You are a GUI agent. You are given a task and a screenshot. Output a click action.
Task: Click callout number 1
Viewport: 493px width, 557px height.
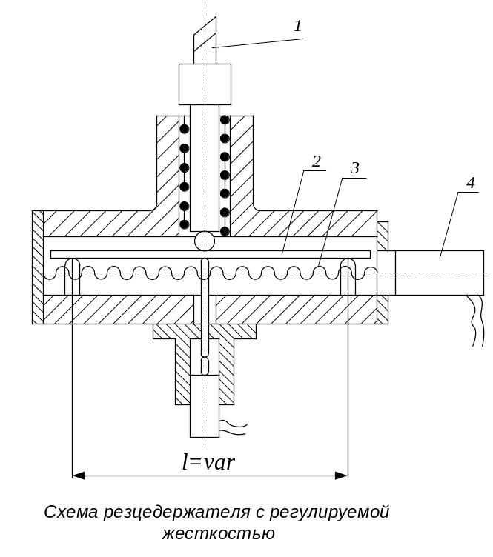298,26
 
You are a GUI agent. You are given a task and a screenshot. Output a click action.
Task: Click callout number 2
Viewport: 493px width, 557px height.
317,161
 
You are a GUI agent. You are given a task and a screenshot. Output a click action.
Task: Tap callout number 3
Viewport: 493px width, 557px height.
354,168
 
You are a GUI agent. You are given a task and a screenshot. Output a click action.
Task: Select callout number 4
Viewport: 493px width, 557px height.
470,183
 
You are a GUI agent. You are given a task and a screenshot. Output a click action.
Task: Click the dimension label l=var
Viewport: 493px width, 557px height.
208,462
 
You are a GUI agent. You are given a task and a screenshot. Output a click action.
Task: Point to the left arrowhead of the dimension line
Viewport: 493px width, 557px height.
79,476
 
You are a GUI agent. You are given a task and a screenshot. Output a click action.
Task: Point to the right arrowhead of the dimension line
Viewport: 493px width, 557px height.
342,476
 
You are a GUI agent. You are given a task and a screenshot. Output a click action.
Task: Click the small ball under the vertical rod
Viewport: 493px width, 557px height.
205,241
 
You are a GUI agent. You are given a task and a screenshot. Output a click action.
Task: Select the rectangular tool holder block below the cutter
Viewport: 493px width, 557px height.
205,84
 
